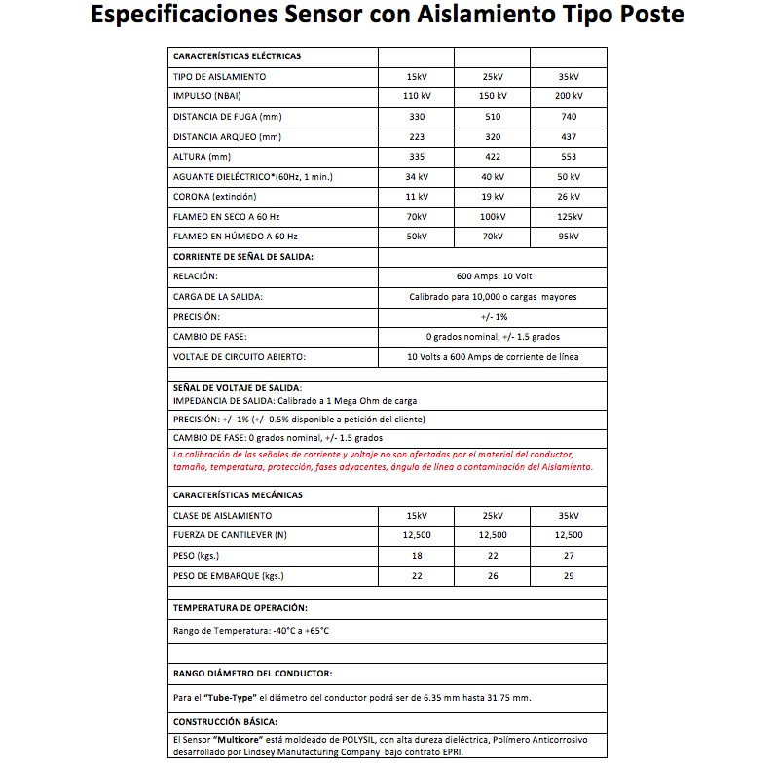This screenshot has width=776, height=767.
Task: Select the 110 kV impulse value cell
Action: point(416,96)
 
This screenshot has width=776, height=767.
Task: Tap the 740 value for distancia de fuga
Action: point(568,117)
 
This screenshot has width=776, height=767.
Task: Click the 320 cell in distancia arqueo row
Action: point(493,136)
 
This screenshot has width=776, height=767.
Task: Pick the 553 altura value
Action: point(568,157)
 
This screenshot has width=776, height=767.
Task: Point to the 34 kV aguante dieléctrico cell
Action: point(416,177)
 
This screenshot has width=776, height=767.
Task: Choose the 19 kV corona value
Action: point(493,197)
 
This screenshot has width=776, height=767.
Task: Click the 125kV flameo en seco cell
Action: point(568,217)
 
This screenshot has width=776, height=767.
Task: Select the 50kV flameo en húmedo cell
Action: point(416,237)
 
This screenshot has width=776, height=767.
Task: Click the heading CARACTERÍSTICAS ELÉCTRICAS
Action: point(237,56)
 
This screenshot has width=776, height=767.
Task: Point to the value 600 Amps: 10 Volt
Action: point(493,276)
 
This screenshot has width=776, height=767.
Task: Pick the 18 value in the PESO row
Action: point(416,556)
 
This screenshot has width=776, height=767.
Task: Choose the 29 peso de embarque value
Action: point(568,576)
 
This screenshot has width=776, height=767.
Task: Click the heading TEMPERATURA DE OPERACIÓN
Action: point(240,608)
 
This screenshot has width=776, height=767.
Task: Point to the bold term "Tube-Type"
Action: point(240,698)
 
